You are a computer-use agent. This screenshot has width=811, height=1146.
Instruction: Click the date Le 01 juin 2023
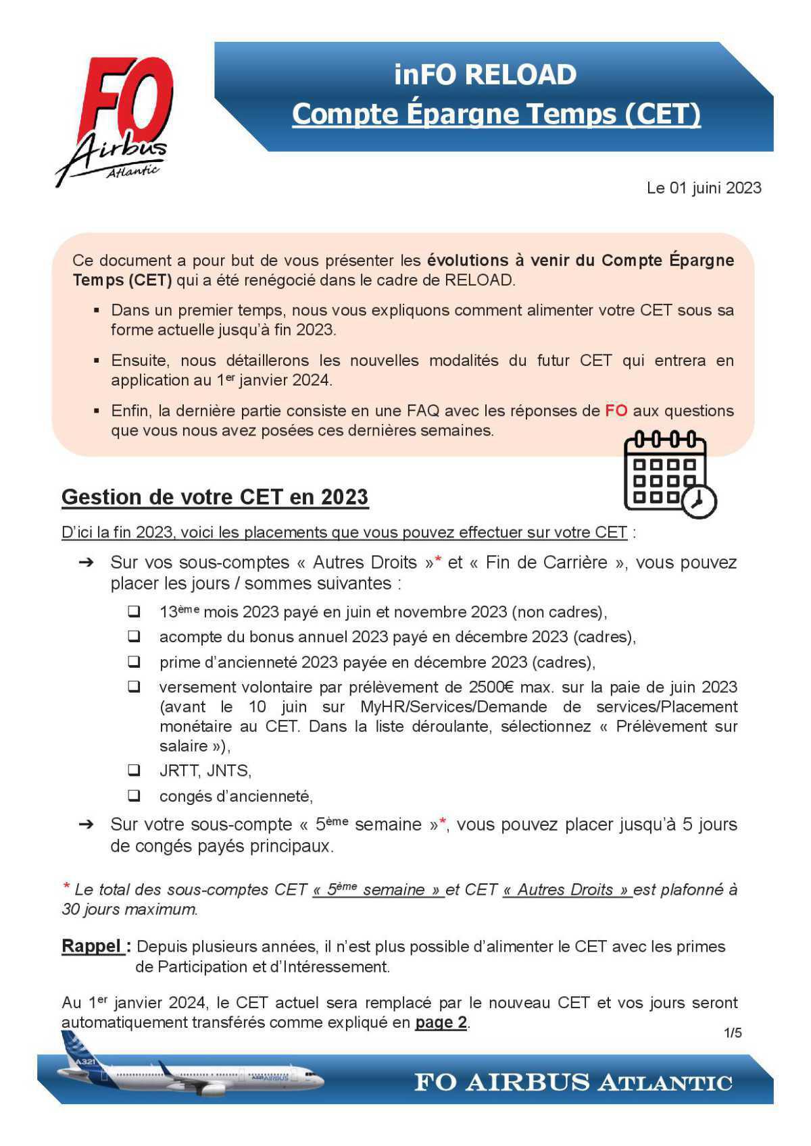tap(704, 188)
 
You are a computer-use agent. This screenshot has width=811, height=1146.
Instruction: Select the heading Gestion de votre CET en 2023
tap(215, 497)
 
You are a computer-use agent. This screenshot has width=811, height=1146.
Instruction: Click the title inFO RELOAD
tap(485, 74)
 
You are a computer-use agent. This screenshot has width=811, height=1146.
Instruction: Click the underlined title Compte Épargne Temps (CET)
tap(496, 114)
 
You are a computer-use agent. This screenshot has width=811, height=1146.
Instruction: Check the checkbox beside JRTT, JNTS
tap(134, 770)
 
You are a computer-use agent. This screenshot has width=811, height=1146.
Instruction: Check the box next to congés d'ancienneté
tap(134, 796)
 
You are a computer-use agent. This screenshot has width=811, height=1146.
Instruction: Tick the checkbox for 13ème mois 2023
tap(134, 612)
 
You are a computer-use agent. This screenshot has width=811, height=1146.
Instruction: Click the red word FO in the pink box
tap(616, 411)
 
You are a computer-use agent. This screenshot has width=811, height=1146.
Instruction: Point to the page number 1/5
tap(733, 1033)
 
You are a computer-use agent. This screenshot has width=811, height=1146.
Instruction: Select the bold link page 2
tap(441, 1022)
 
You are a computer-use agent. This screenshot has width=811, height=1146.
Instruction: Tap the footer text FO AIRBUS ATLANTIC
tap(573, 1082)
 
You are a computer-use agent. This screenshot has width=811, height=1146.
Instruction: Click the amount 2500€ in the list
tap(491, 687)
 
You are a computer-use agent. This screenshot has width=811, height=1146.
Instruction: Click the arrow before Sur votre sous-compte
tap(86, 825)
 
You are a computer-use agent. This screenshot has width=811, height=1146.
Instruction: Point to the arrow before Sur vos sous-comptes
tap(86, 563)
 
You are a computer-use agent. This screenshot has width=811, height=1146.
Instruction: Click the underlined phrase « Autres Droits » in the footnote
tap(567, 890)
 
